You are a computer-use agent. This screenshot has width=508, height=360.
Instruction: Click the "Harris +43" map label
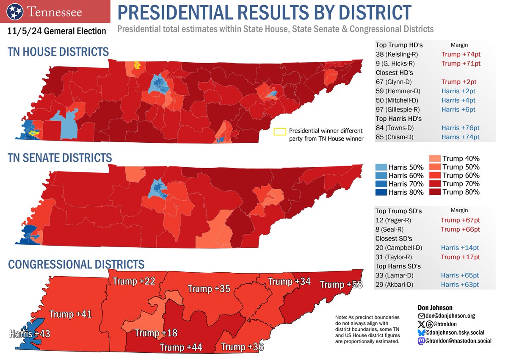tap(30, 334)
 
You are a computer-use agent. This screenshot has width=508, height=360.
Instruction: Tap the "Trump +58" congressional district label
tap(341, 284)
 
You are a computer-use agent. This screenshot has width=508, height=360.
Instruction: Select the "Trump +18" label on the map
tap(156, 333)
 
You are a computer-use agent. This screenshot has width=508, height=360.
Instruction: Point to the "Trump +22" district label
tap(134, 281)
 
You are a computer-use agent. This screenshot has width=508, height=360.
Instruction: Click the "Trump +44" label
tap(181, 348)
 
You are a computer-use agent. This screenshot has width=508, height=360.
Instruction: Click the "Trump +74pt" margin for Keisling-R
tap(461, 54)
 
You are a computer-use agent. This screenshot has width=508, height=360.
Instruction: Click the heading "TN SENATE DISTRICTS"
tap(60, 158)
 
